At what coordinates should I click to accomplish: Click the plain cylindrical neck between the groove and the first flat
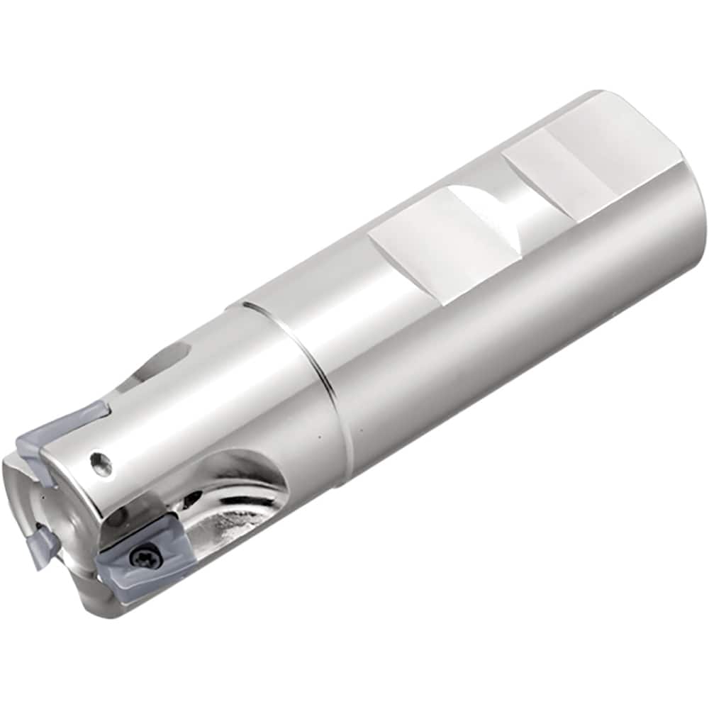pos(312,305)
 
